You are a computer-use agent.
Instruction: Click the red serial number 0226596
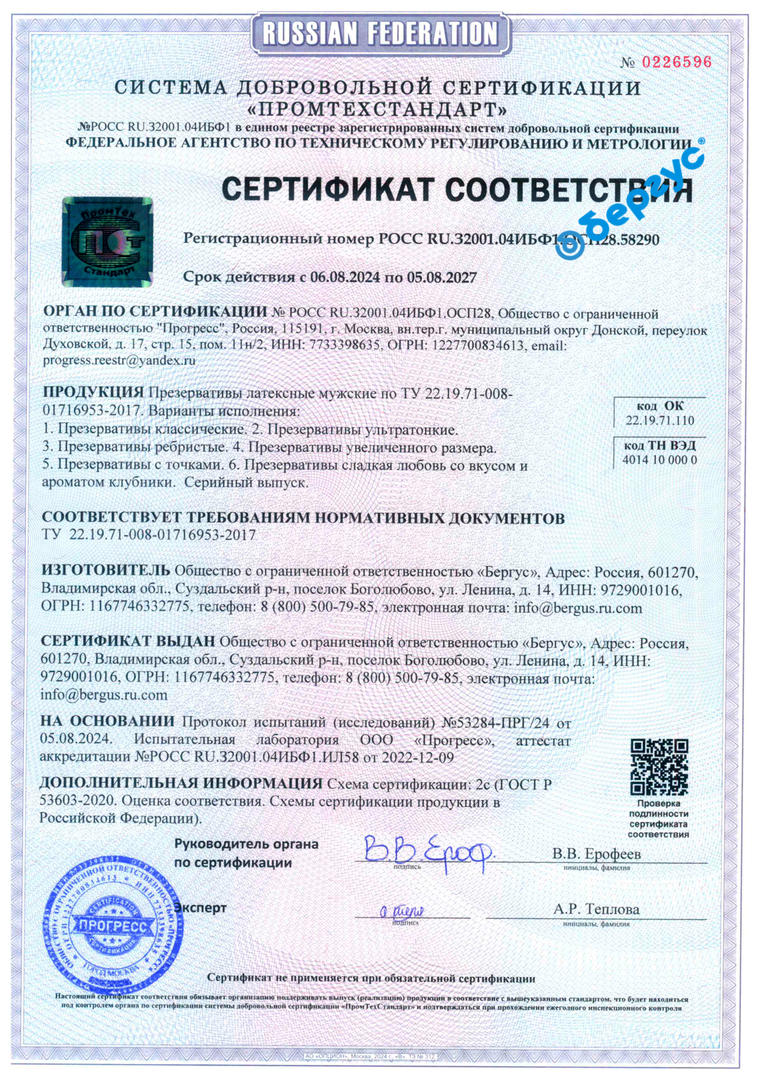[x=676, y=62]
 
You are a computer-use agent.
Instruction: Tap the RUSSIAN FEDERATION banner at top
[x=380, y=33]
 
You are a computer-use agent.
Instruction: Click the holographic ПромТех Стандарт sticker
[x=107, y=241]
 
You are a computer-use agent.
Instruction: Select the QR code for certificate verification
[x=659, y=767]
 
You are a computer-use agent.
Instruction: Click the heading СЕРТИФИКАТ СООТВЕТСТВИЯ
[x=457, y=190]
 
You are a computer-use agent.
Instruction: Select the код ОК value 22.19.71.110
[x=660, y=420]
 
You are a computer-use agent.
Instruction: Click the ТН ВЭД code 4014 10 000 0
[x=660, y=460]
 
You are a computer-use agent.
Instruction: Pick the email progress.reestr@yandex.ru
[x=119, y=361]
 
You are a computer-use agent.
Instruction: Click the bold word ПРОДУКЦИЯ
[x=93, y=392]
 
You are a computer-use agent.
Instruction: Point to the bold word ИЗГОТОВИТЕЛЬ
[x=105, y=570]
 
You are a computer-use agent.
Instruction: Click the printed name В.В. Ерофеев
[x=596, y=854]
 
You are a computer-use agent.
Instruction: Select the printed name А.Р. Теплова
[x=596, y=909]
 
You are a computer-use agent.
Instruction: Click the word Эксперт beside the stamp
[x=201, y=908]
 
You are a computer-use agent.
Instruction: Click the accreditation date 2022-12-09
[x=417, y=758]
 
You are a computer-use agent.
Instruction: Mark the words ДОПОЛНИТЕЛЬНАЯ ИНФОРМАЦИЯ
[x=181, y=783]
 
